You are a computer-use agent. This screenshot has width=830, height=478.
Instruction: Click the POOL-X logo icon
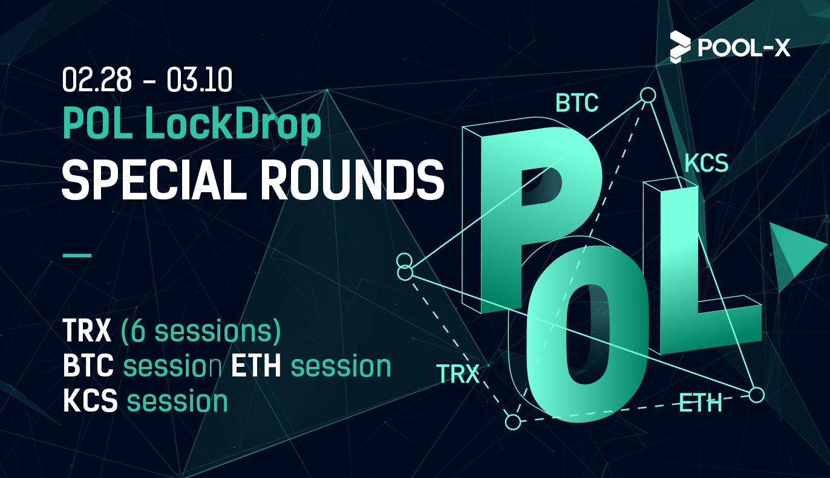point(680,47)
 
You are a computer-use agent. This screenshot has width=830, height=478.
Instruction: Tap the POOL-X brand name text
point(744,48)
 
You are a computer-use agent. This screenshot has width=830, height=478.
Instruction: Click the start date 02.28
point(97,80)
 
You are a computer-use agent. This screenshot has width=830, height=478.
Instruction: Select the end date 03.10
point(200,80)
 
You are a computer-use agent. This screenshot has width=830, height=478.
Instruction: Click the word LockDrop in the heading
point(233,123)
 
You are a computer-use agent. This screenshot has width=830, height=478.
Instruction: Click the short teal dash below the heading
point(77,255)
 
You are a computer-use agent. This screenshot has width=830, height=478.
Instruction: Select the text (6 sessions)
point(201,331)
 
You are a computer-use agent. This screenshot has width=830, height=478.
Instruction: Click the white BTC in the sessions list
point(88,366)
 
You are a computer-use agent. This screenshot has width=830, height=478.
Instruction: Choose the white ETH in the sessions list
point(256,366)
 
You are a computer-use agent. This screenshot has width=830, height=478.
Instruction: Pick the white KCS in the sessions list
point(90,401)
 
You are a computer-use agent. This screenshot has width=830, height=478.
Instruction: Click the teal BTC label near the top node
point(577,103)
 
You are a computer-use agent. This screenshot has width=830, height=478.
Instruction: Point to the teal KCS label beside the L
point(706,163)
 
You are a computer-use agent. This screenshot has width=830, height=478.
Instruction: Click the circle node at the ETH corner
point(756,395)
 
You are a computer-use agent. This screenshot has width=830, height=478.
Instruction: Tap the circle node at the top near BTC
point(648,95)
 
